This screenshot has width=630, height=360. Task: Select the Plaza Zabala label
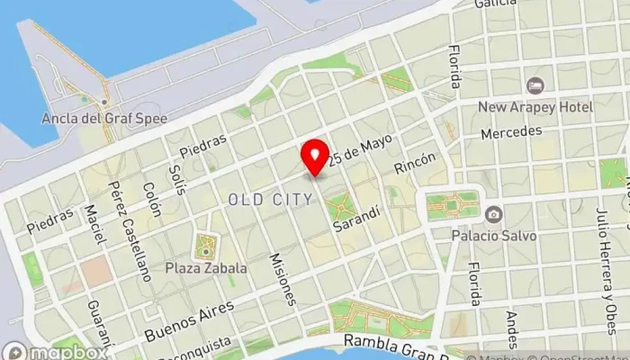[205, 267]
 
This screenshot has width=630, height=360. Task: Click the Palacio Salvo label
[493, 236]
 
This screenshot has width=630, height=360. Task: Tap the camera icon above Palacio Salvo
[493, 214]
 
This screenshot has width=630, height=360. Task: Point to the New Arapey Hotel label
[535, 107]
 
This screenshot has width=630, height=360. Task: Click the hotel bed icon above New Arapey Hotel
[535, 85]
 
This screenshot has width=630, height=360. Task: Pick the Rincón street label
[415, 163]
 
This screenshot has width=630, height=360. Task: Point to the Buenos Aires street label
[188, 320]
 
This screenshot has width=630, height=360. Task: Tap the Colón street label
[150, 200]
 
